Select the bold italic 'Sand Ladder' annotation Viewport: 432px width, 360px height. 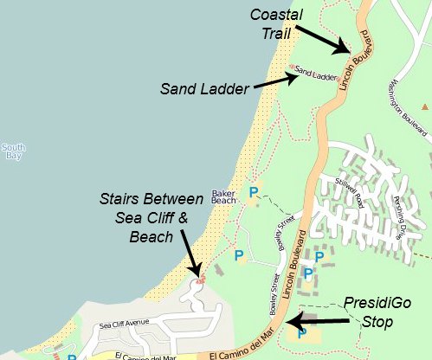[205, 87]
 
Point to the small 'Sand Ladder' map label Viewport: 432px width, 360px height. [315, 75]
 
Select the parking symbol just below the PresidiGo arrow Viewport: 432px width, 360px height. [301, 332]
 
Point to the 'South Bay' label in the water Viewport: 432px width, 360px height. [13, 151]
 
